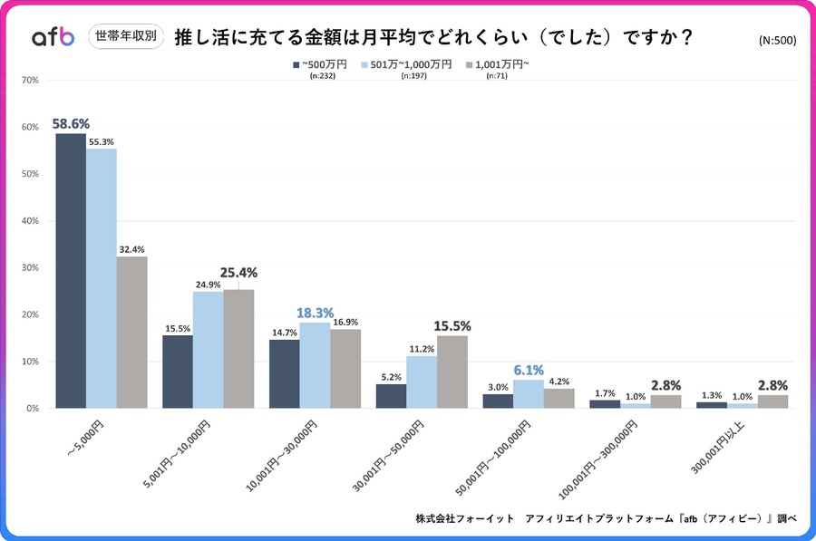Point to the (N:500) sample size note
tap(777, 41)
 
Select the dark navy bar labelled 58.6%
tap(71, 271)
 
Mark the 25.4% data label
tap(238, 272)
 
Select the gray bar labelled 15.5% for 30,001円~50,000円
tap(452, 372)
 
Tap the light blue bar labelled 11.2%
tap(422, 382)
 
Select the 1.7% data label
tap(604, 394)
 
